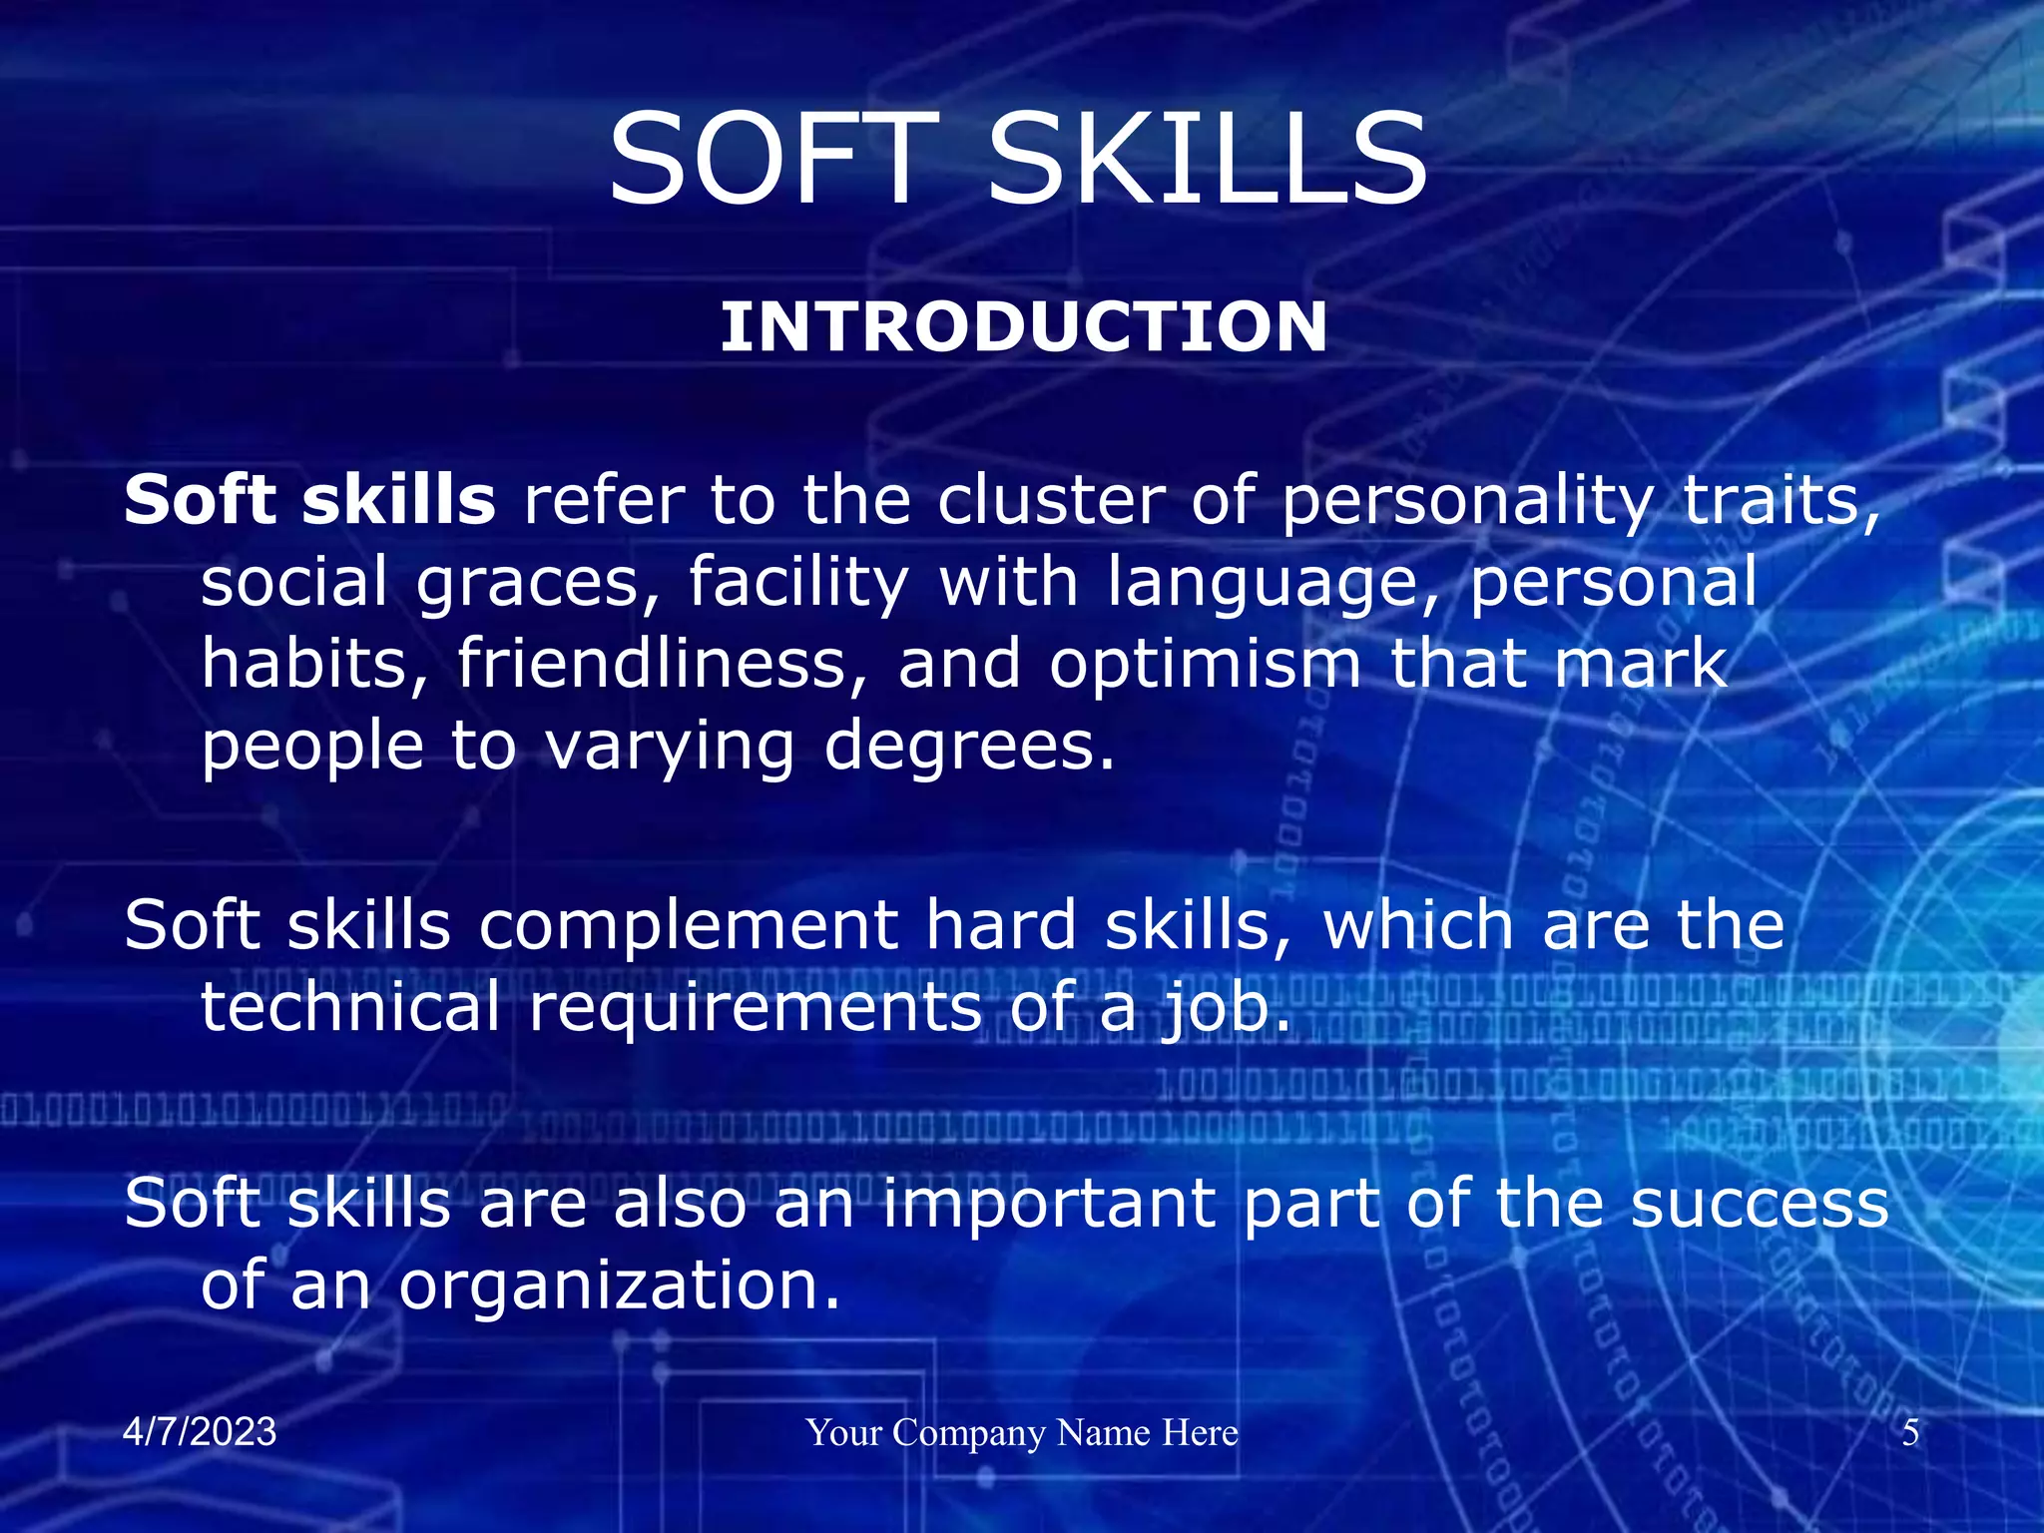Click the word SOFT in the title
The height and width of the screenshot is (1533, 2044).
pyautogui.click(x=772, y=160)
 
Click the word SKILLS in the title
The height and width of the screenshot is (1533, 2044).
pyautogui.click(x=1207, y=160)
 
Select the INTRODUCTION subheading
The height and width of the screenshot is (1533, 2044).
pyautogui.click(x=1023, y=327)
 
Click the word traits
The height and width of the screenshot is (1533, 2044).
pyautogui.click(x=1781, y=501)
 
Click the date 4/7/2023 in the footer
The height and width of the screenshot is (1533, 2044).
pyautogui.click(x=200, y=1432)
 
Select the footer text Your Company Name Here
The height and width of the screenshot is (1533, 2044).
pyautogui.click(x=1022, y=1433)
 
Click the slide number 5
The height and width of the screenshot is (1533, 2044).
pyautogui.click(x=1910, y=1433)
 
